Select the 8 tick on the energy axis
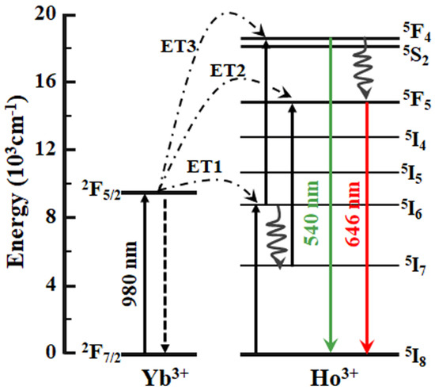(x=58, y=218)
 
